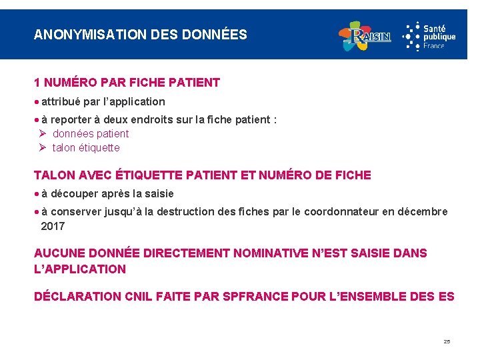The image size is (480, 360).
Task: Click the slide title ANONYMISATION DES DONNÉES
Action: click(140, 34)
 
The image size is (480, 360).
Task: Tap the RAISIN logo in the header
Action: click(365, 36)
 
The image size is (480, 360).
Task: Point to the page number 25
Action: click(447, 341)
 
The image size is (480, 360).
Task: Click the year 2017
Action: click(53, 226)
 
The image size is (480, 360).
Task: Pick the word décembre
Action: click(423, 211)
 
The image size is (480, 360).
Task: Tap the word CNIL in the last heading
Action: click(140, 296)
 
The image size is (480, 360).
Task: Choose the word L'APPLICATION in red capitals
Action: click(80, 269)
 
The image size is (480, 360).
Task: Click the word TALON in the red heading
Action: click(53, 175)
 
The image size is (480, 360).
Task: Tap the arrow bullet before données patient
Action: click(43, 133)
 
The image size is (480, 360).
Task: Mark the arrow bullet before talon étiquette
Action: click(43, 147)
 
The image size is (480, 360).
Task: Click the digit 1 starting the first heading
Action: click(37, 83)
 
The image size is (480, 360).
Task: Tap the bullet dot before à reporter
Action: click(37, 119)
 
